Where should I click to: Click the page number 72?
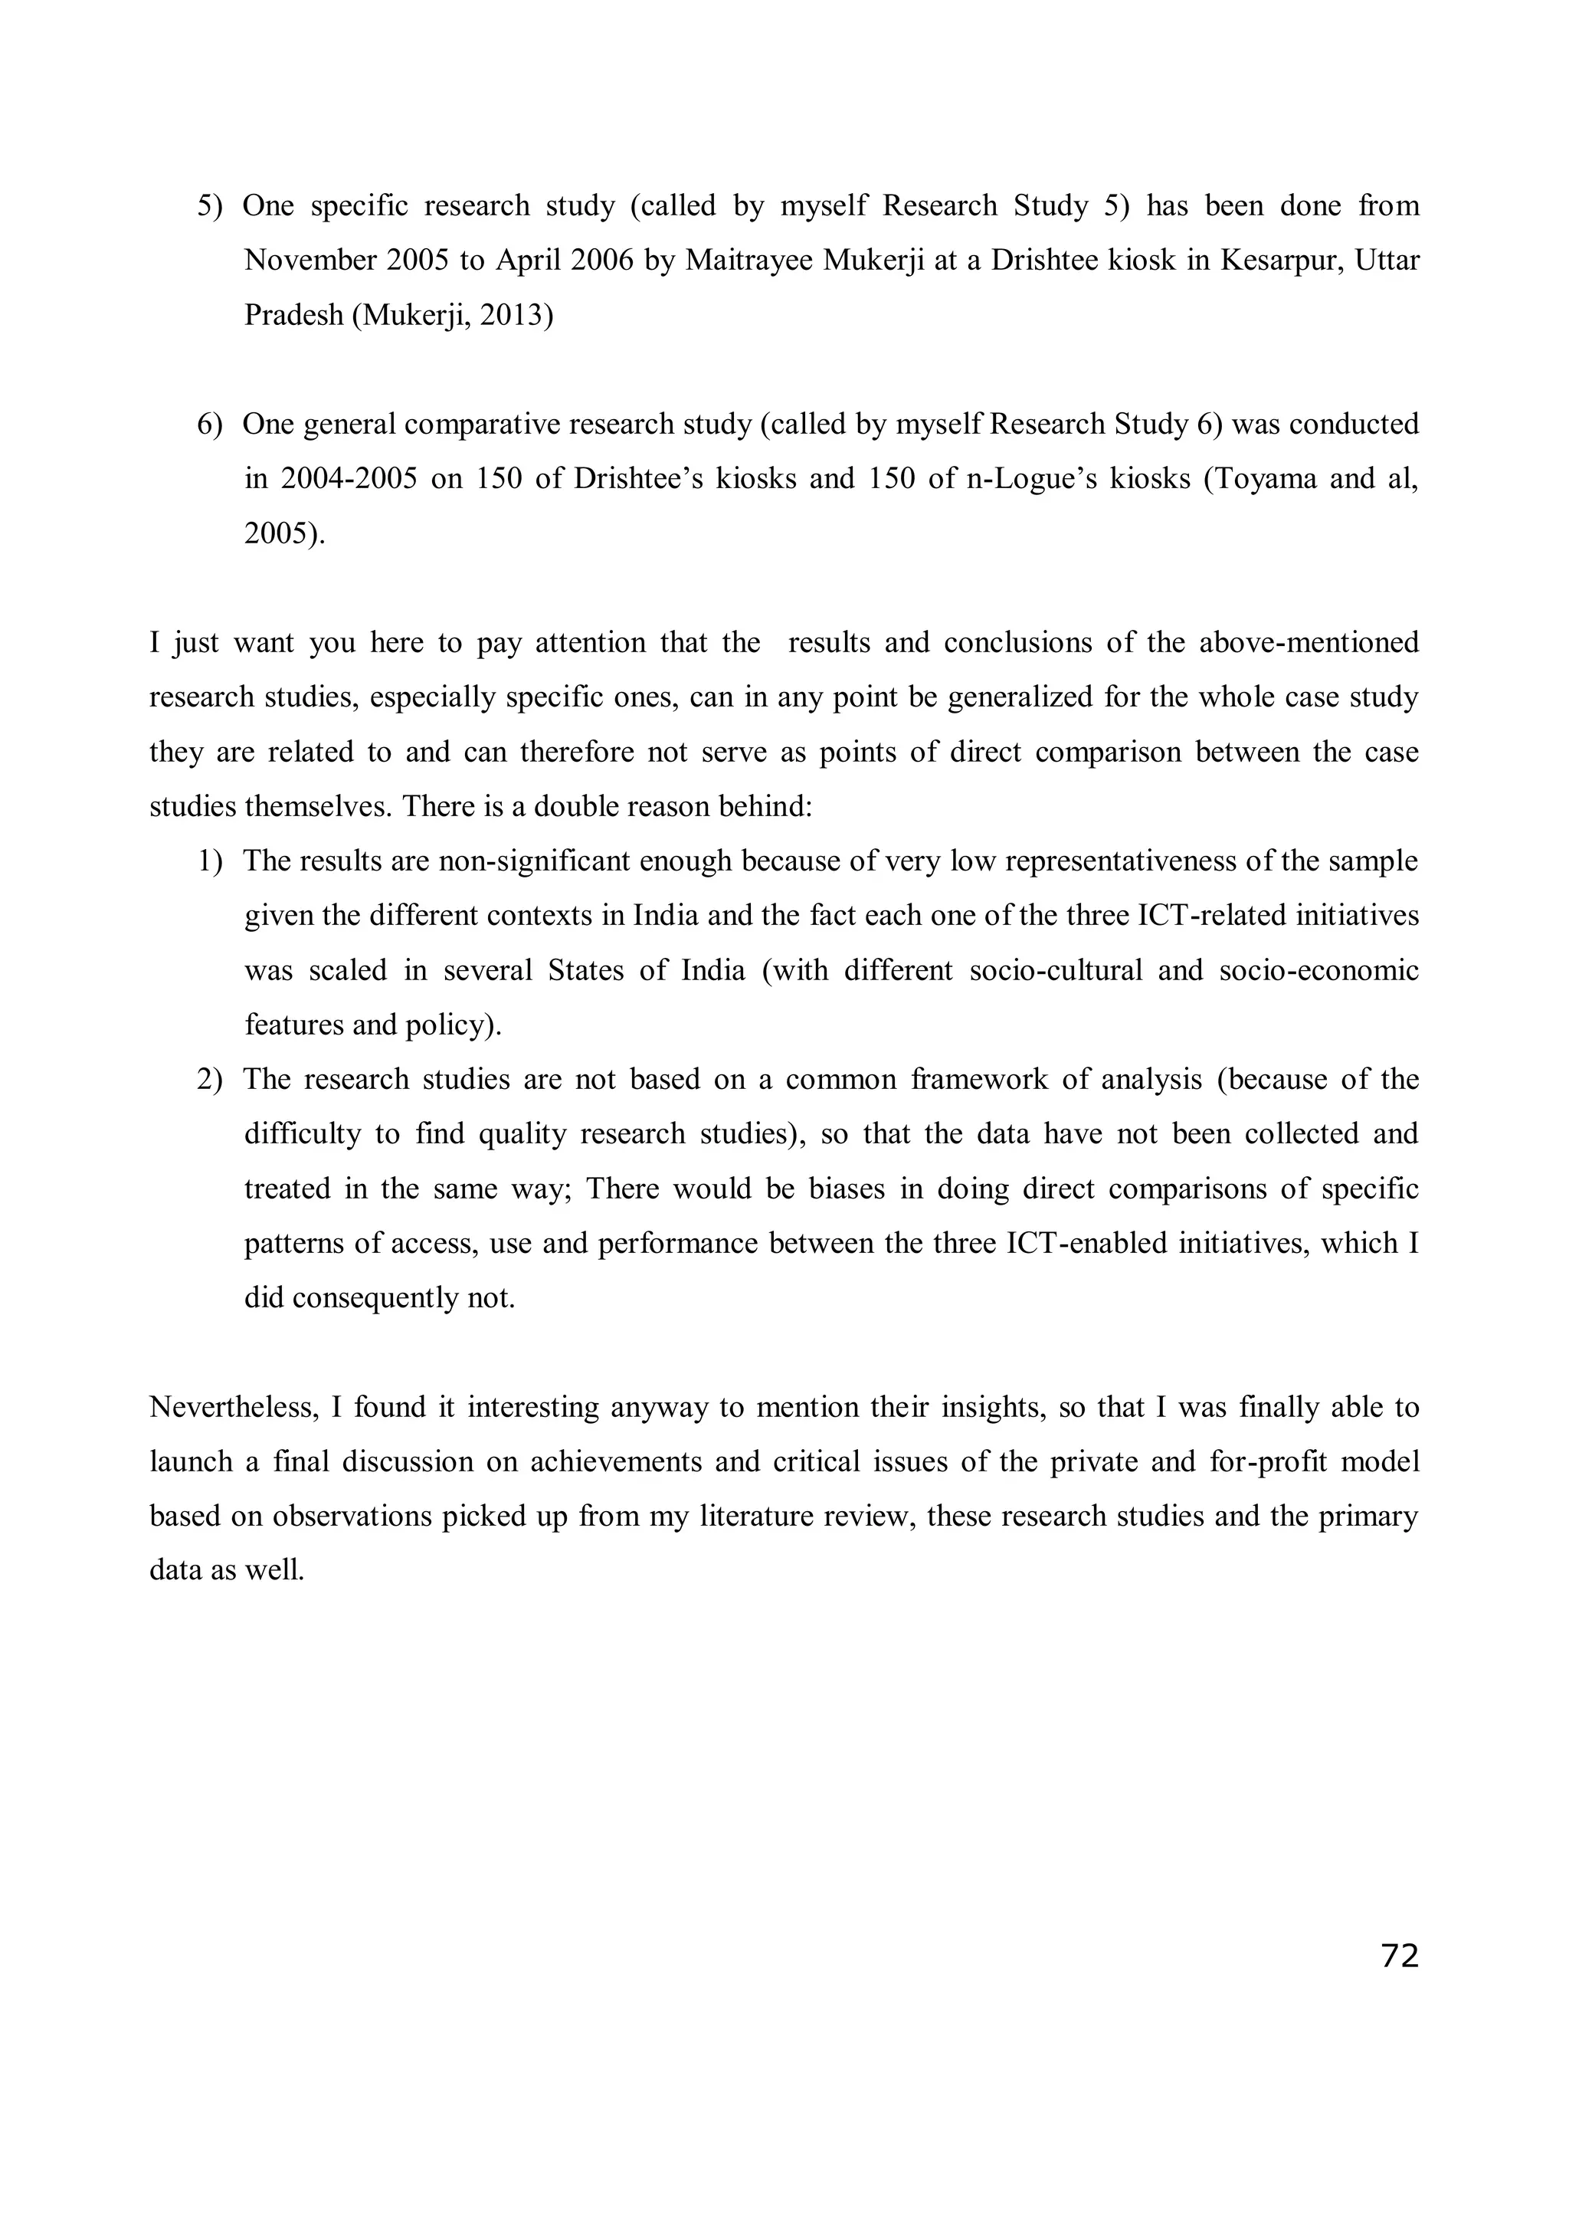(x=1400, y=1956)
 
